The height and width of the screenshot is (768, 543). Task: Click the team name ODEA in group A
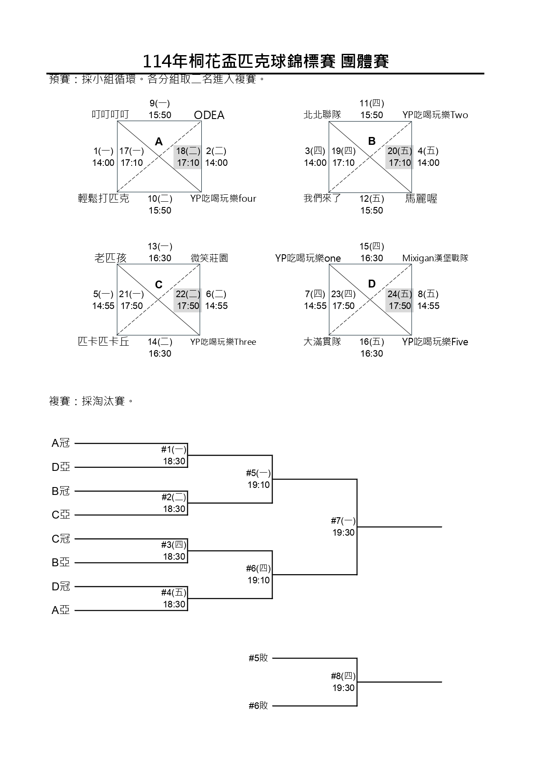209,115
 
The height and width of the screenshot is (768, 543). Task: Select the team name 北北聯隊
322,115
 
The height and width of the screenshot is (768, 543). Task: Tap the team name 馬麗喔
421,199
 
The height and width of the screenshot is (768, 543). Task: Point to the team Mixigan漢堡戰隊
435,258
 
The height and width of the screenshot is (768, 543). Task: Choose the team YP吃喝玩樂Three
223,342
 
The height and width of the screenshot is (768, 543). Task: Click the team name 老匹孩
110,258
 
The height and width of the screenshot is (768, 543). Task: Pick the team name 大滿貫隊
322,341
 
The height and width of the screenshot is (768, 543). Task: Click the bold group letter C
159,285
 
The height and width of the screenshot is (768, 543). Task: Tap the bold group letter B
372,141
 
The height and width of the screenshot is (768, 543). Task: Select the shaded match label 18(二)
188,151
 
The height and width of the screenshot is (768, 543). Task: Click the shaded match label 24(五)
399,294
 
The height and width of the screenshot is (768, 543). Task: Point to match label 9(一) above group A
160,103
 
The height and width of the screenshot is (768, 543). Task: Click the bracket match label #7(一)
343,521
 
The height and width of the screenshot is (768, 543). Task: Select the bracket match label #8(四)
343,676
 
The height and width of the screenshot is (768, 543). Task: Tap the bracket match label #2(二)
174,497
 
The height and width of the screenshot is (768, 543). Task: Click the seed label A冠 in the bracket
61,443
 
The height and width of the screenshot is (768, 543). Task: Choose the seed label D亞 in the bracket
61,467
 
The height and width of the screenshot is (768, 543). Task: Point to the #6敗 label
258,705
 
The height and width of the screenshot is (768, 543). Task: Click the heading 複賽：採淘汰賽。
91,401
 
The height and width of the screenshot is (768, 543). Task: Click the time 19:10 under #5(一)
259,485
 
